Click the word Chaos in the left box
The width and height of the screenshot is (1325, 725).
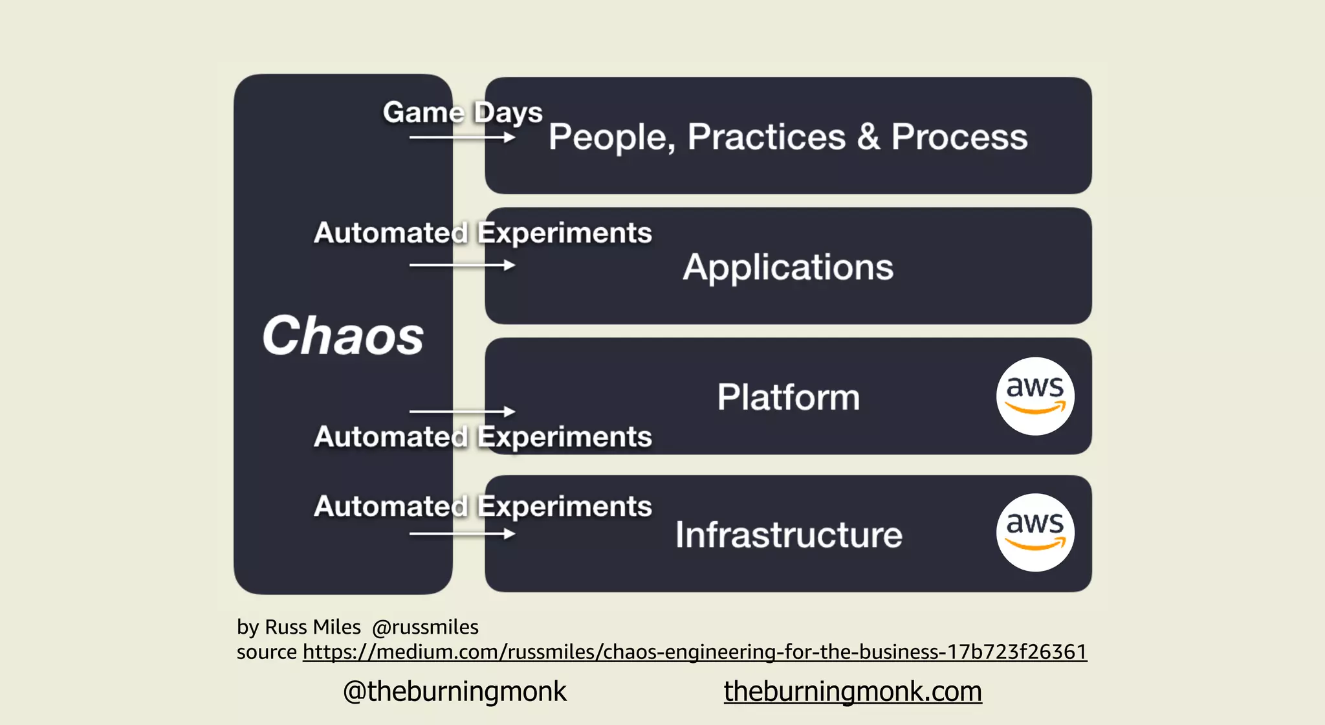click(343, 336)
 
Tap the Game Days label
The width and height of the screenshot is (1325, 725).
click(463, 113)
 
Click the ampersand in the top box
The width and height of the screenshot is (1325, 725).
click(868, 137)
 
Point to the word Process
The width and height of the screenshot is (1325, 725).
click(959, 137)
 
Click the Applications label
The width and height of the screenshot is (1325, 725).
click(788, 267)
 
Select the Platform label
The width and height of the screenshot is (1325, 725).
click(788, 397)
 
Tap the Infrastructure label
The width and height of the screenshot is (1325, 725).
click(788, 535)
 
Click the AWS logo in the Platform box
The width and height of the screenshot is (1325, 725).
click(1035, 396)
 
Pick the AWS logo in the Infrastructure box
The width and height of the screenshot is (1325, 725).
click(1035, 533)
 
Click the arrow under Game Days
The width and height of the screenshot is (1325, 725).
click(462, 137)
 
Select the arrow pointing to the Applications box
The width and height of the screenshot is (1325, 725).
click(462, 265)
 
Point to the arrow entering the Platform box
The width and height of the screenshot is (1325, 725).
click(462, 411)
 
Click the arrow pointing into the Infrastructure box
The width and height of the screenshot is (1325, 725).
click(462, 533)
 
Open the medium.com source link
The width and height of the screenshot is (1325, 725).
click(694, 651)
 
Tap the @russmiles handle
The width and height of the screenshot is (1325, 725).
click(425, 627)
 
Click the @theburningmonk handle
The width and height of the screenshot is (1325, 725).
click(454, 691)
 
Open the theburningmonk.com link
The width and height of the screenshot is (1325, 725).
click(853, 691)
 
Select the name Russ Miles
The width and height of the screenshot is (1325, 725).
click(312, 627)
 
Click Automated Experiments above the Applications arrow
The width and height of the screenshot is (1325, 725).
click(483, 233)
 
